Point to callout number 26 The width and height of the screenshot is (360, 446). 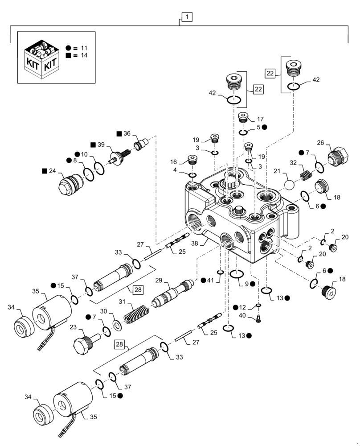(x=332, y=143)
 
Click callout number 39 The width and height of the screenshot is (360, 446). (x=101, y=145)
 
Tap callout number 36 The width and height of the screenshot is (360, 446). (x=127, y=133)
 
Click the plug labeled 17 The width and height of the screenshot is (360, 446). (x=242, y=118)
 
